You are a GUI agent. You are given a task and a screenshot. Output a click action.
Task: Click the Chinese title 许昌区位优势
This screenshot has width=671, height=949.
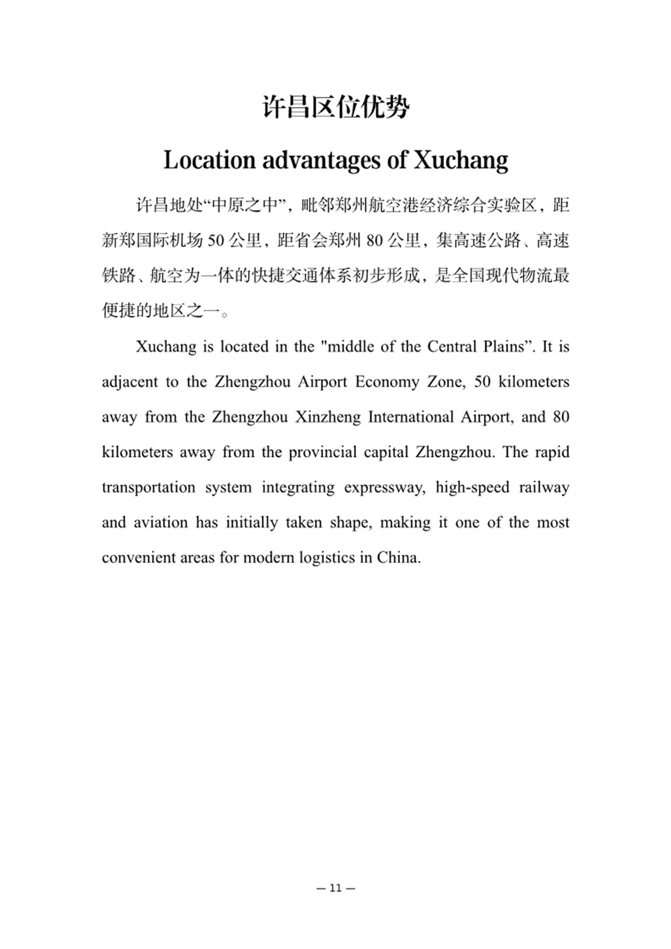point(335,107)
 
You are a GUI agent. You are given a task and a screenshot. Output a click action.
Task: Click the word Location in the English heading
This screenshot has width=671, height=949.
point(209,160)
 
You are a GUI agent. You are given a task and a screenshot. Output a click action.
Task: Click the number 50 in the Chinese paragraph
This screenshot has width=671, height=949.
point(216,241)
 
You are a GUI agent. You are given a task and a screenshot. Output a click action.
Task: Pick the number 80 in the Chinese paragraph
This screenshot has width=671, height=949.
point(374,241)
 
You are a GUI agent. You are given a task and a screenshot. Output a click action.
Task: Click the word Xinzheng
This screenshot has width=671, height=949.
point(327,417)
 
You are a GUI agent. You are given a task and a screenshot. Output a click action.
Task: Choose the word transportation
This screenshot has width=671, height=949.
point(149,487)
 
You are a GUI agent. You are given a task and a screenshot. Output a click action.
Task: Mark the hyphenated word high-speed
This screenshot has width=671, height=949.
point(472,487)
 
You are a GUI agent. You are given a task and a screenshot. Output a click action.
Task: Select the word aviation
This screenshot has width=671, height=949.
point(161,523)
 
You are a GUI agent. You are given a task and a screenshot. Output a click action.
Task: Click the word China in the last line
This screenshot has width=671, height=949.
point(398,557)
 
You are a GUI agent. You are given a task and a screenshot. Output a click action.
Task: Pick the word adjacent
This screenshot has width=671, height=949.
point(130,382)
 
